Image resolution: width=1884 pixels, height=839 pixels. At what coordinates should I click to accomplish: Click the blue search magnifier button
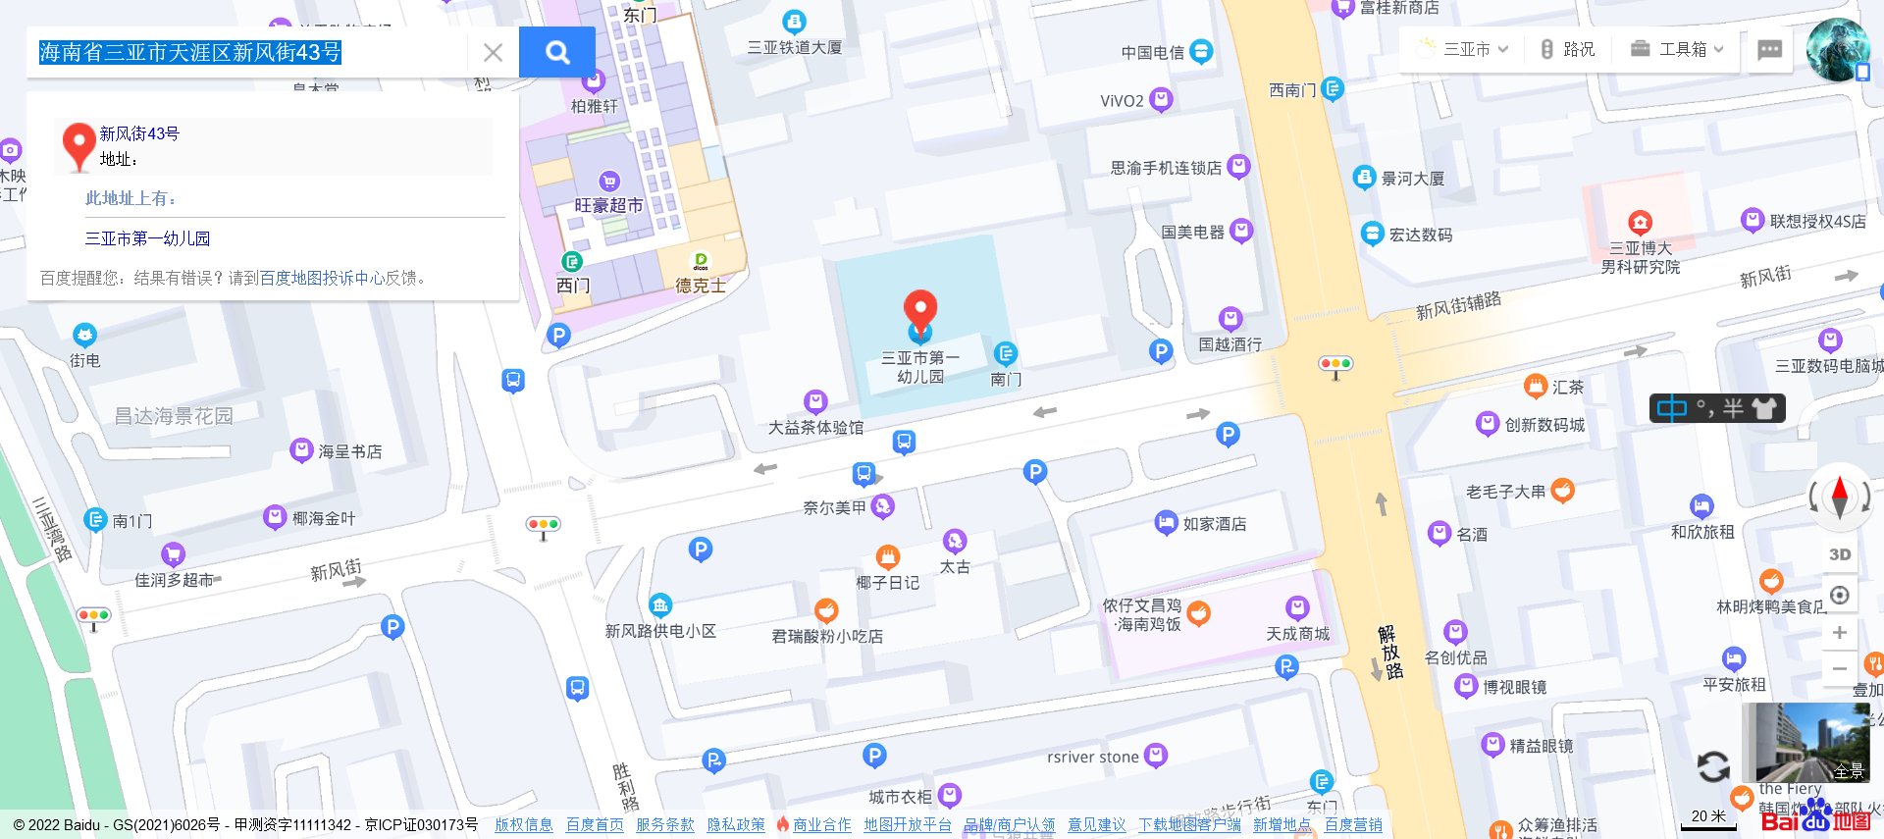point(557,52)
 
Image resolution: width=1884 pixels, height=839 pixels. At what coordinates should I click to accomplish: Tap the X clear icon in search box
point(493,52)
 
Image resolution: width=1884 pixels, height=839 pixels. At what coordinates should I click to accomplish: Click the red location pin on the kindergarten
point(919,310)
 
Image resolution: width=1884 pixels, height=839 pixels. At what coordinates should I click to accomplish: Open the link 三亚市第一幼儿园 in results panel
point(147,238)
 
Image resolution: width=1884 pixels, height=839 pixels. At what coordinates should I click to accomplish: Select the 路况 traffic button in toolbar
point(1568,49)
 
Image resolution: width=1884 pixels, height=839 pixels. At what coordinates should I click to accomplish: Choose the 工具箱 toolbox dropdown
point(1677,49)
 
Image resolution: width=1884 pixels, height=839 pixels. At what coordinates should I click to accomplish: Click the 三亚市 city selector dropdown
point(1464,49)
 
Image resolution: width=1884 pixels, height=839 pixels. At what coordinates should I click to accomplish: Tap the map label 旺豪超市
point(608,205)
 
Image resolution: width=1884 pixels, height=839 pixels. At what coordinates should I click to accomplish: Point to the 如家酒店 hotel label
point(1214,524)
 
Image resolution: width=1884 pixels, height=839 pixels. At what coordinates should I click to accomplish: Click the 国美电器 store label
point(1192,233)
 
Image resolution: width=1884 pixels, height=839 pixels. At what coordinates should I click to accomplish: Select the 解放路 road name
point(1389,652)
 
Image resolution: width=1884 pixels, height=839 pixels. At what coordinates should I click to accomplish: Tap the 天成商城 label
point(1297,634)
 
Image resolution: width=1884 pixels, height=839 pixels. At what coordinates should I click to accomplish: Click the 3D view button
point(1840,554)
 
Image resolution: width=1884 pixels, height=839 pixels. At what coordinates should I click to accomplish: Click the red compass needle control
point(1840,496)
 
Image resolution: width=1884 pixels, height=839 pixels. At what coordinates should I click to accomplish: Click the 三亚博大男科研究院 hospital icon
point(1640,222)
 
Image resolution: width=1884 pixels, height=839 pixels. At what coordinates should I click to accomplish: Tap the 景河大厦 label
point(1412,179)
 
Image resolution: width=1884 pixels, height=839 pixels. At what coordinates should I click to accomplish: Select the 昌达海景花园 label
point(174,416)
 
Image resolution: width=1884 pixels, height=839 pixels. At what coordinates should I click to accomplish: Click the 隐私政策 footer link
point(736,825)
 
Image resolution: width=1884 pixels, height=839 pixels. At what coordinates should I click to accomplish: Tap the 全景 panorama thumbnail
point(1806,742)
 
